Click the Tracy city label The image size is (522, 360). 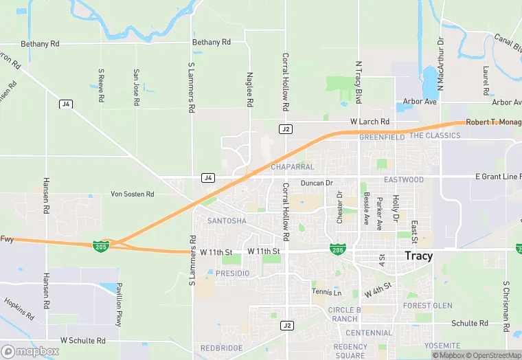pos(418,256)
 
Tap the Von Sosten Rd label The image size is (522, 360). pos(133,194)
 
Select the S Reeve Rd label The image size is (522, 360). pos(101,86)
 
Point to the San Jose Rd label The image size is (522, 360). pos(137,87)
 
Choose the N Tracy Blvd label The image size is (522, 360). pos(358,82)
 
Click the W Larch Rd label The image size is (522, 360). pos(370,122)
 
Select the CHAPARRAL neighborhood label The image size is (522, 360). pos(292,167)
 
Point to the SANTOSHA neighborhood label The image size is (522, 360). pos(227,221)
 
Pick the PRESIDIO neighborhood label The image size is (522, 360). pos(232,273)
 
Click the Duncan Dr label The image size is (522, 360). pos(317,183)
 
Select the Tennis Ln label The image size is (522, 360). pos(326,293)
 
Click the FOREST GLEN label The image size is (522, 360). pos(427,306)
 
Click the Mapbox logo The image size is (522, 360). pos(29,351)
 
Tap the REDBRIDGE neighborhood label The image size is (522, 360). pos(221,348)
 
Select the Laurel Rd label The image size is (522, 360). pos(485,81)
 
